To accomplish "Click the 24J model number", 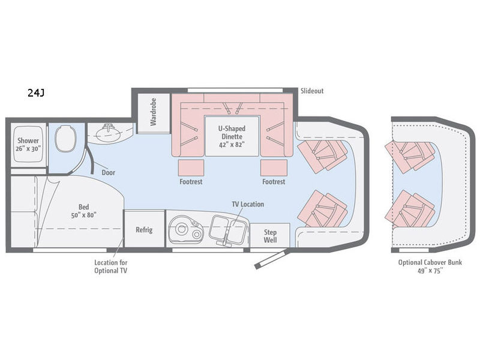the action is (x=36, y=92).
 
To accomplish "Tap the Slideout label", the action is (x=311, y=91).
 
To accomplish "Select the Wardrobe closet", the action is (x=154, y=113).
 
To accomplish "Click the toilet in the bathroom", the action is (x=65, y=138).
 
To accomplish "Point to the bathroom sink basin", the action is (x=108, y=133).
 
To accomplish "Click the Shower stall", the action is (x=28, y=145).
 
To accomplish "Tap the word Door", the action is (x=109, y=173).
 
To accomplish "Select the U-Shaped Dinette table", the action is (x=232, y=136).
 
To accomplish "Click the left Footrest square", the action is (x=191, y=168).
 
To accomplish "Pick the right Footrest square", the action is (x=274, y=168).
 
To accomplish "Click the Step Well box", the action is (x=270, y=236).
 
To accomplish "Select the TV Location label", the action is (x=248, y=204).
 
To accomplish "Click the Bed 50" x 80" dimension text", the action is (x=83, y=215).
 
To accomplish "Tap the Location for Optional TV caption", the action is (x=110, y=266).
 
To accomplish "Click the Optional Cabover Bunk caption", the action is (x=430, y=262).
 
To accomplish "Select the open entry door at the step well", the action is (x=271, y=259).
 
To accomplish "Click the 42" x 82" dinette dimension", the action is (x=232, y=145).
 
